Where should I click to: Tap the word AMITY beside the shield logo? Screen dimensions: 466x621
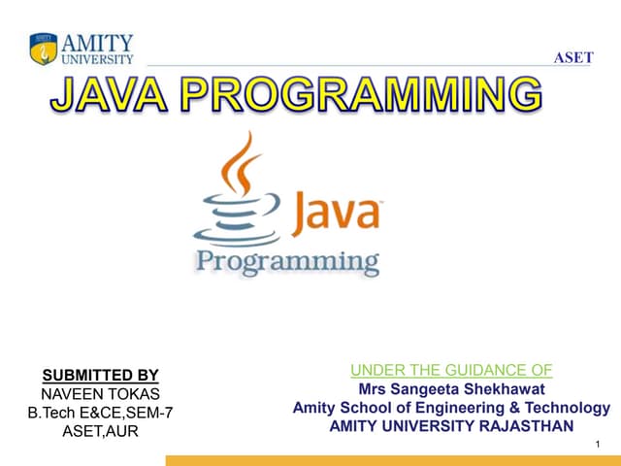point(97,43)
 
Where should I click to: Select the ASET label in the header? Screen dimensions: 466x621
point(572,57)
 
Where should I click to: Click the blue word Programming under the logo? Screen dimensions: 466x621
point(288,260)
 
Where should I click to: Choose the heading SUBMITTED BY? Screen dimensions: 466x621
point(101,376)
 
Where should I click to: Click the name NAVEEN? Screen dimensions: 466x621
point(75,394)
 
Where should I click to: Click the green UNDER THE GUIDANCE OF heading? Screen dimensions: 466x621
point(451,369)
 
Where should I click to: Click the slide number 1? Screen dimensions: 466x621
point(602,444)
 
